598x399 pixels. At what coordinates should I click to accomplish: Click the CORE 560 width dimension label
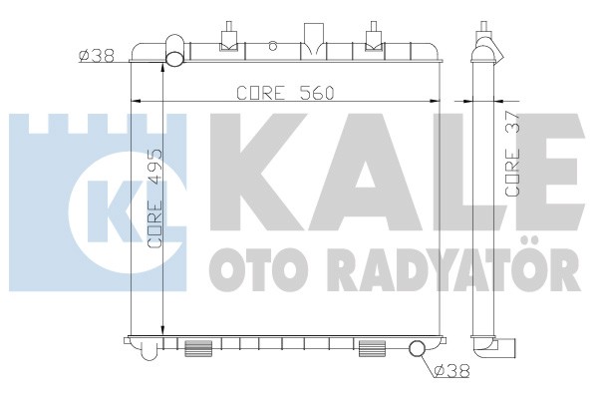285,93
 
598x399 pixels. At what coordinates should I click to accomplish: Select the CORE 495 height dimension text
154,199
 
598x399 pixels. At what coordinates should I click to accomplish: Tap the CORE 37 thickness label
512,154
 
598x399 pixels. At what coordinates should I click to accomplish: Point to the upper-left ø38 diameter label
97,56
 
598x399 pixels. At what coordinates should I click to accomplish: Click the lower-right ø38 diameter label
451,370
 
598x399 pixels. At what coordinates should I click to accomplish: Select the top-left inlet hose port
175,52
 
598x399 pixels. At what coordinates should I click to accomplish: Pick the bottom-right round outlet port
417,348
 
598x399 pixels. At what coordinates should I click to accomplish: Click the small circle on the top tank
272,46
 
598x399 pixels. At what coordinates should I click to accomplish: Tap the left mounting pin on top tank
229,37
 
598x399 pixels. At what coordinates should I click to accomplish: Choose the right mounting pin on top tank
374,37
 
